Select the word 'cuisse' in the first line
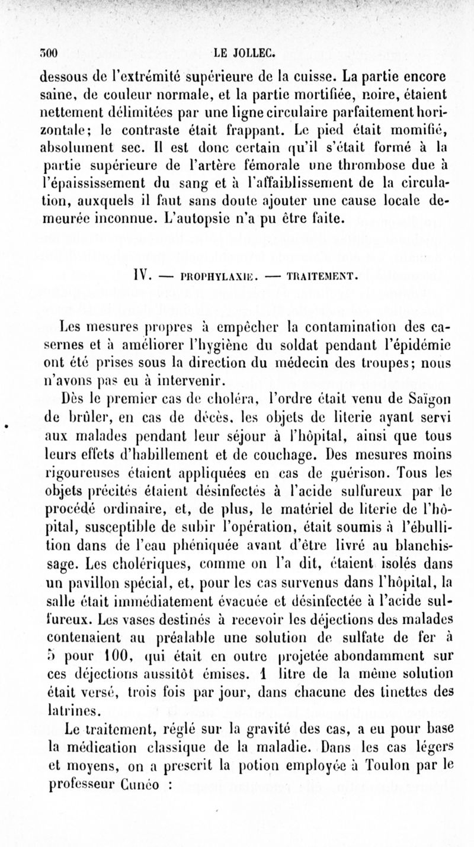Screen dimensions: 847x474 click(x=322, y=76)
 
